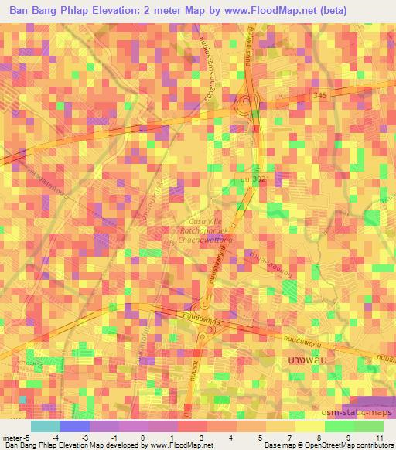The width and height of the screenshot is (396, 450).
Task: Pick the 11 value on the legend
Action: point(380,438)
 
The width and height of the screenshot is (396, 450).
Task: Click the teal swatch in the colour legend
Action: point(45,426)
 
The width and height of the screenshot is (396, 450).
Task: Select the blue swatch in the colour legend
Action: point(75,426)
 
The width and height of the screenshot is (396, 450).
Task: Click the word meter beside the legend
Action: point(10,438)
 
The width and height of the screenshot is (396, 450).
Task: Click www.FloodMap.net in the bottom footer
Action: point(176,446)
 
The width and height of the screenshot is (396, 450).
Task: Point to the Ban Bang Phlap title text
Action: point(53,11)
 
